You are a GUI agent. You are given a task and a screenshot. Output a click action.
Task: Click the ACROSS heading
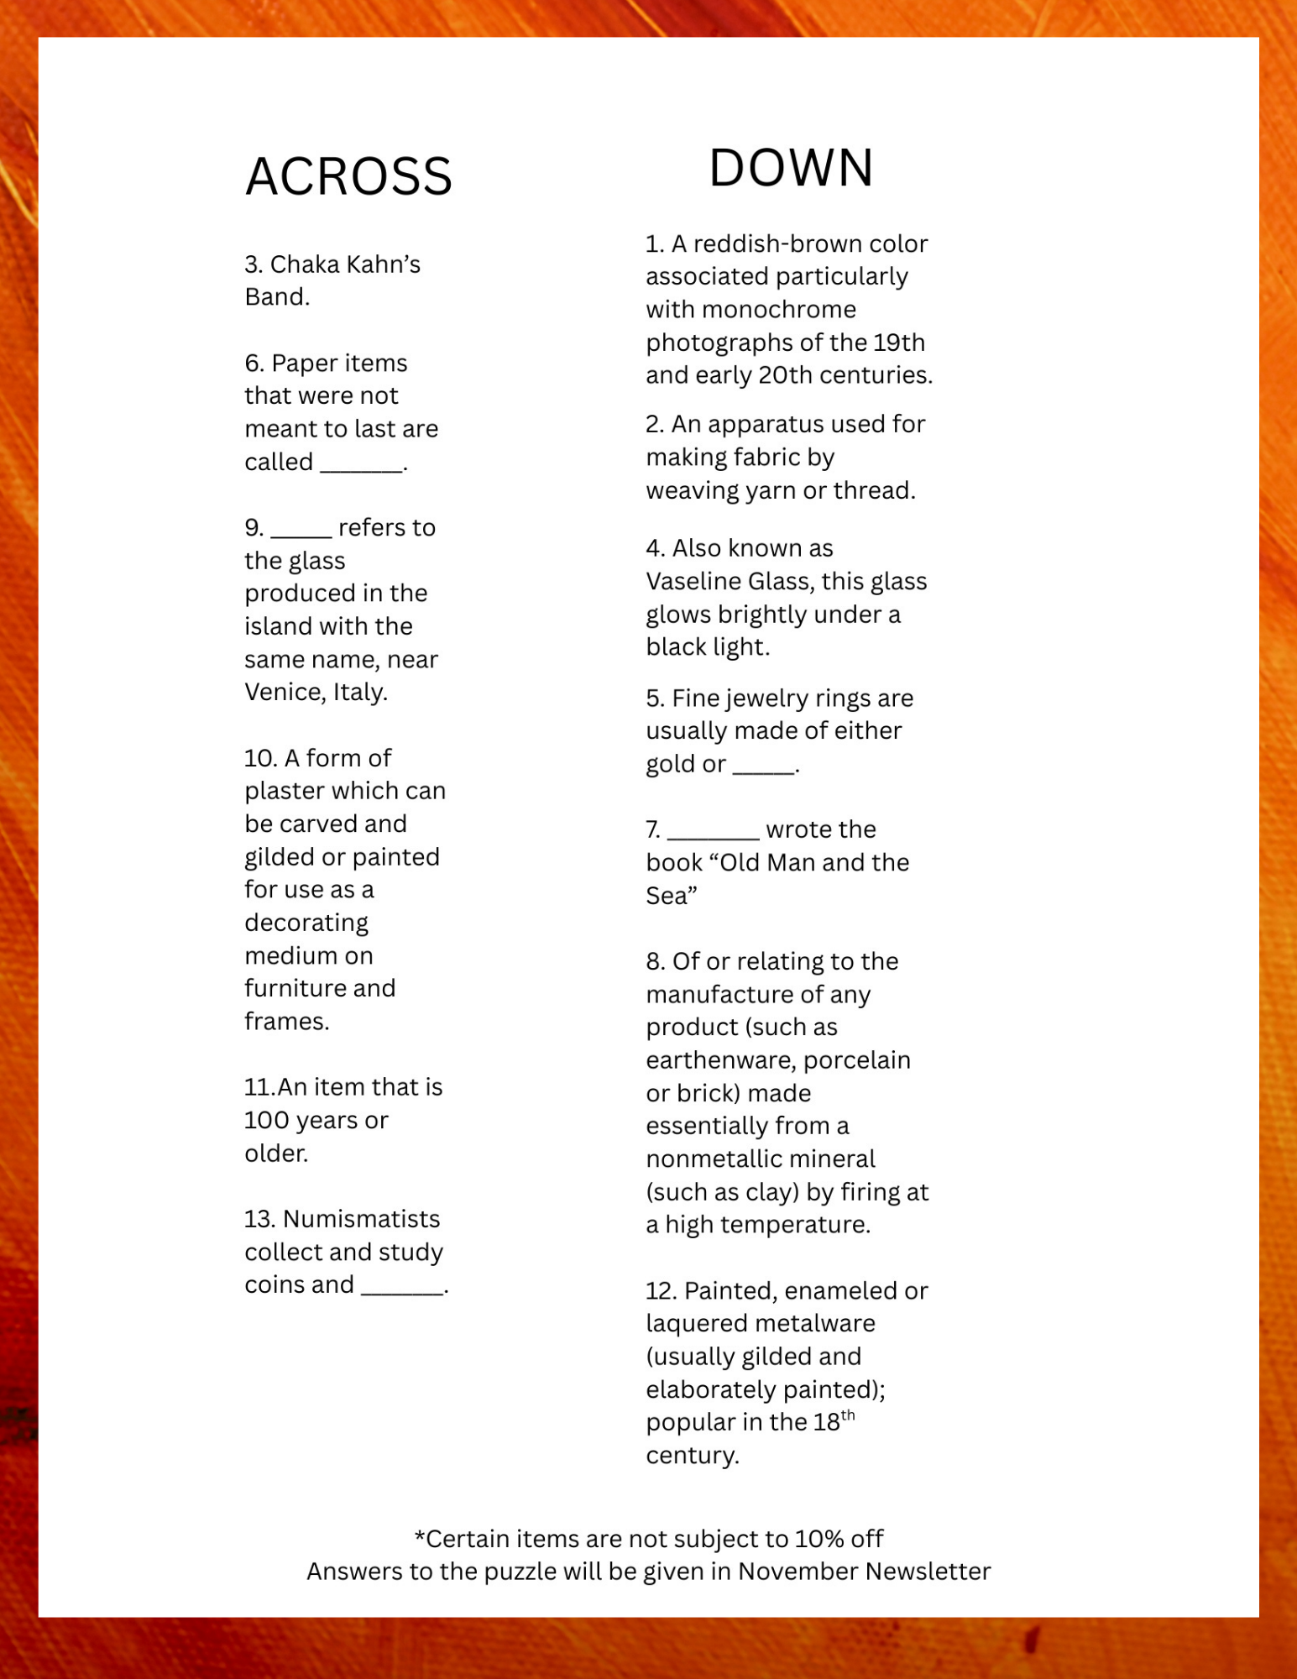pyautogui.click(x=348, y=176)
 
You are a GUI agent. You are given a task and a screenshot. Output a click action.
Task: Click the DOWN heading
pyautogui.click(x=791, y=167)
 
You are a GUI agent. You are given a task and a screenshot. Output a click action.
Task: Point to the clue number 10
pyautogui.click(x=260, y=758)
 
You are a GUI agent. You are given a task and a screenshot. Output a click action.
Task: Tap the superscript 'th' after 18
pyautogui.click(x=848, y=1415)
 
